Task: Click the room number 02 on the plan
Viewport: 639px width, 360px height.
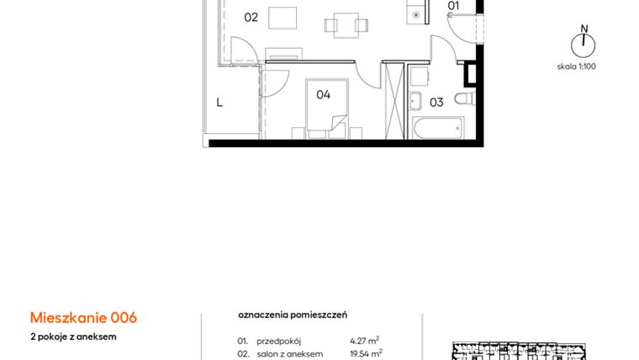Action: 251,17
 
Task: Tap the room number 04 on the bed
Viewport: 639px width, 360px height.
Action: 324,95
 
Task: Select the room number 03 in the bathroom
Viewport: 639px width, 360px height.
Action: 436,103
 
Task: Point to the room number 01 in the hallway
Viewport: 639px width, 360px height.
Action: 453,6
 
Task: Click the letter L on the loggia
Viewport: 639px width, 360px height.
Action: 219,103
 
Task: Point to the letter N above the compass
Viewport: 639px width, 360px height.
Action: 582,27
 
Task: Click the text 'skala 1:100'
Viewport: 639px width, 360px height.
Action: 577,66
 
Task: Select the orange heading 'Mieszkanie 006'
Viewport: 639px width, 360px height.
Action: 83,318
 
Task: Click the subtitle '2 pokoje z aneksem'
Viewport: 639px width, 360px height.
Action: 73,336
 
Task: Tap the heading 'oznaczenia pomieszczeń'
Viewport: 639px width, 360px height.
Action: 293,315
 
